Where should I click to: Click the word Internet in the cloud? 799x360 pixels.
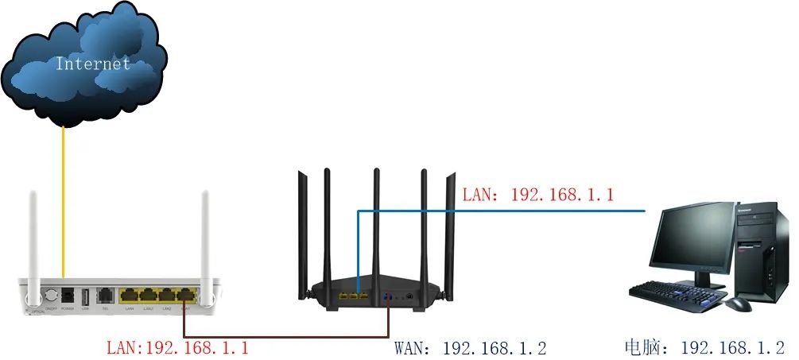coord(92,64)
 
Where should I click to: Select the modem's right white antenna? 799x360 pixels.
coord(204,238)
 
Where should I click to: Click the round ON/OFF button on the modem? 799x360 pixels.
coord(51,295)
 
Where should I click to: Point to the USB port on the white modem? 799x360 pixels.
coord(84,295)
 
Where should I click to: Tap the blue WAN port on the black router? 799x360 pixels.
coord(387,296)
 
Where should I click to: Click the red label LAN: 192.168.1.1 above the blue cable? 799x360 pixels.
coord(537,194)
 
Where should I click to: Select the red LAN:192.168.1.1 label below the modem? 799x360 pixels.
coord(177,348)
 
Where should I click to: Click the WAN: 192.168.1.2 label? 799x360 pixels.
coord(470,348)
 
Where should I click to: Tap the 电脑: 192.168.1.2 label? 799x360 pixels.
coord(704,348)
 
